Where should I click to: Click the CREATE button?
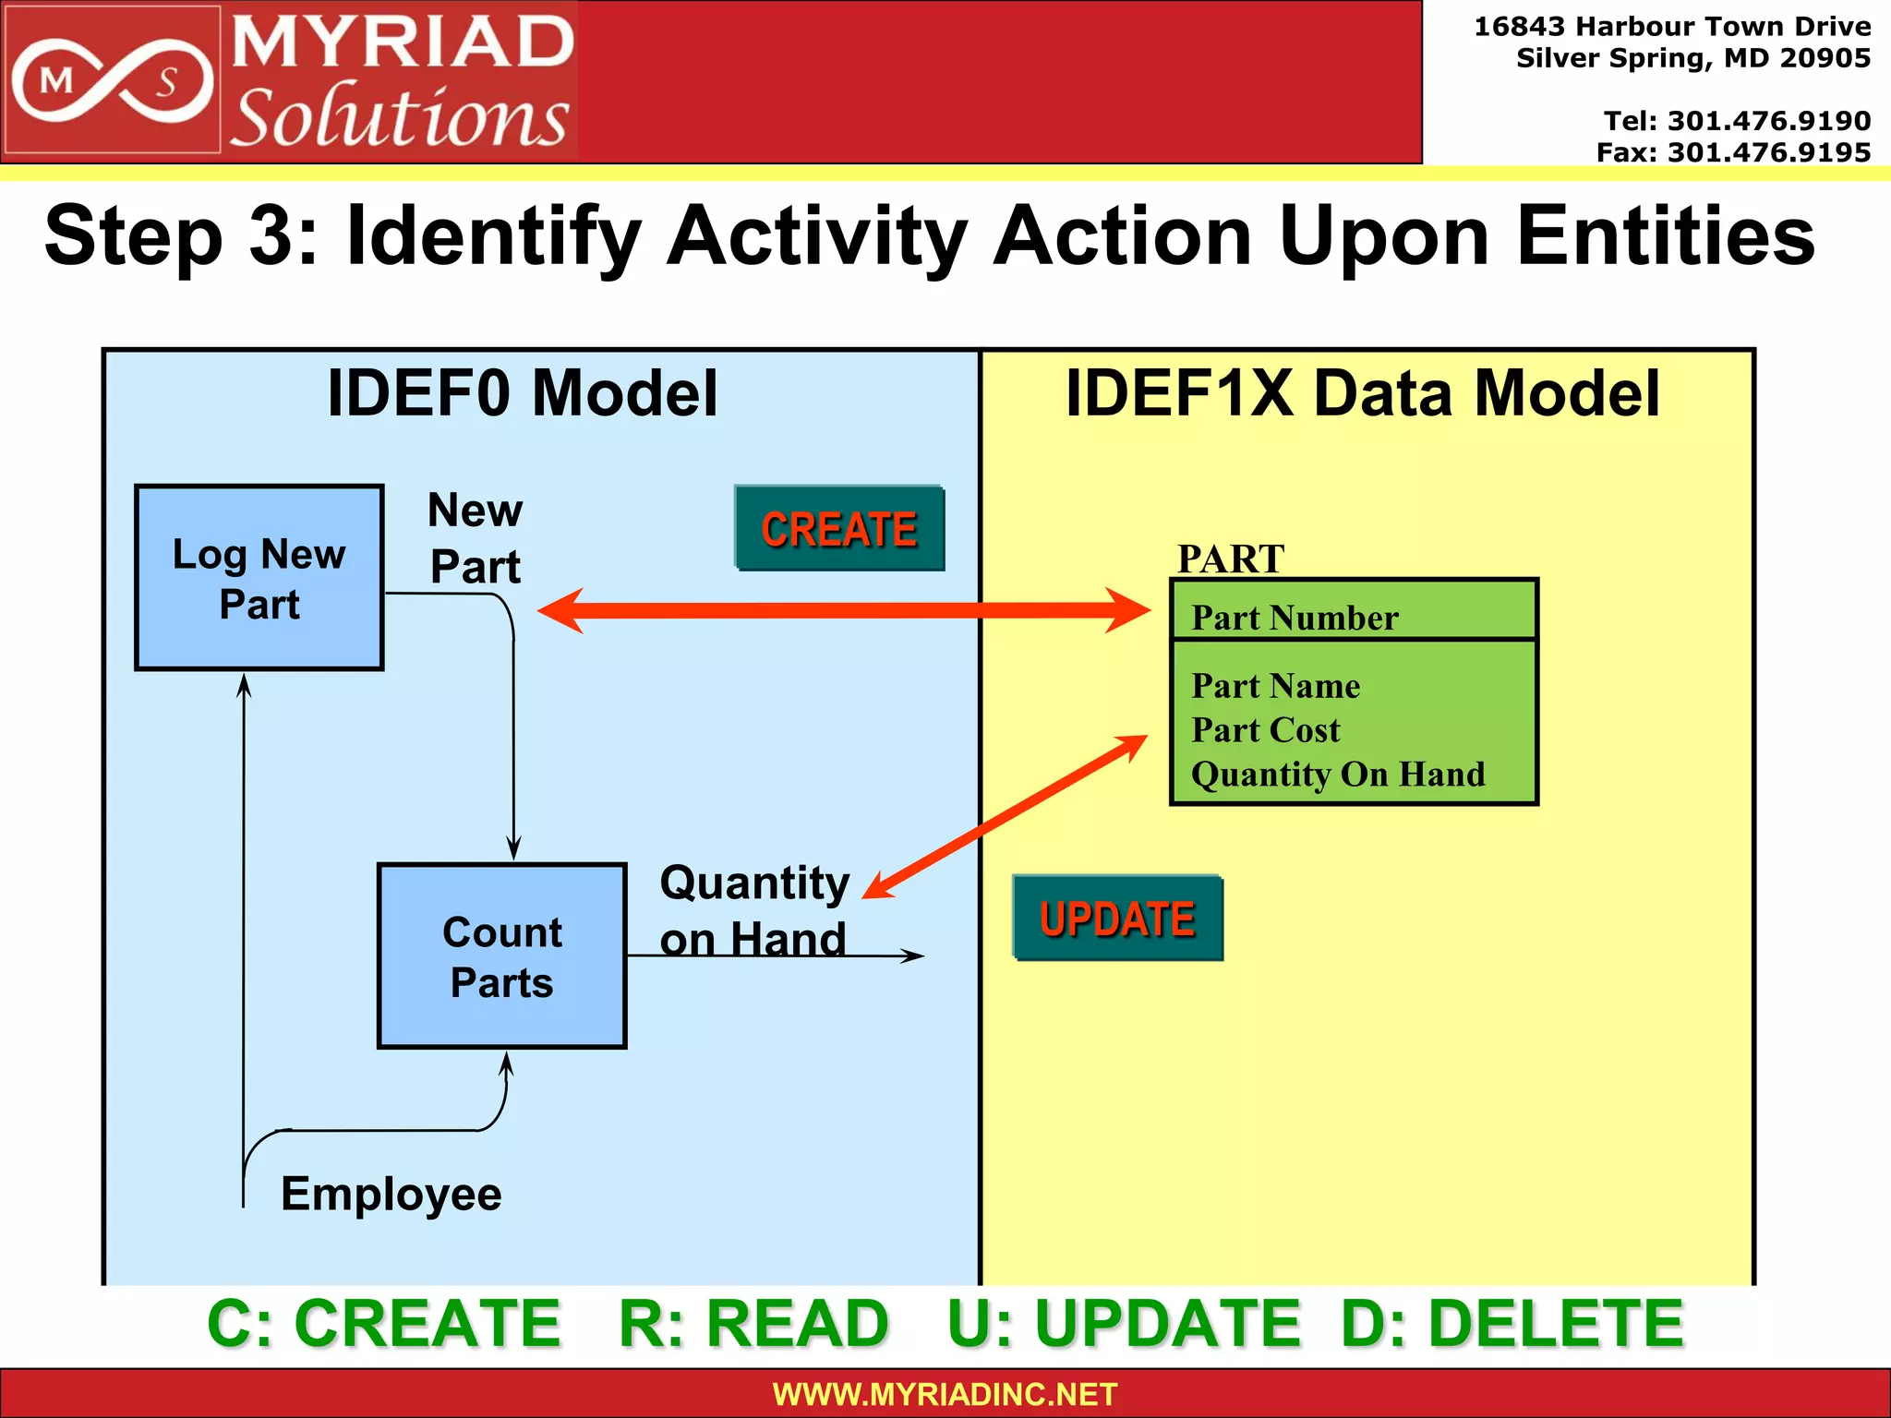tap(839, 528)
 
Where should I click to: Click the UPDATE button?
tap(1117, 919)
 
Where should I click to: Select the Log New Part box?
tap(259, 578)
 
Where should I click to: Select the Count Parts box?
tap(501, 956)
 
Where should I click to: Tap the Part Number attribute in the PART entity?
tap(1295, 618)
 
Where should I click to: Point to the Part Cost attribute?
tap(1265, 730)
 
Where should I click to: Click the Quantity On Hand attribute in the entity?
tap(1338, 774)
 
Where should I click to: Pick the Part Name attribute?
tap(1275, 686)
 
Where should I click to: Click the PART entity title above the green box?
tap(1230, 559)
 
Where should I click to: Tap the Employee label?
tap(391, 1194)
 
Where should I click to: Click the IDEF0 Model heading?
tap(523, 393)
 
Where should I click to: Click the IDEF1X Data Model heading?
tap(1363, 393)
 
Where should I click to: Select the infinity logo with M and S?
tap(112, 81)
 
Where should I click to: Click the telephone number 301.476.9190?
tap(1768, 121)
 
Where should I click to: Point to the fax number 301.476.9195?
tap(1768, 152)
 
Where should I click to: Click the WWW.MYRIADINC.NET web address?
tap(945, 1394)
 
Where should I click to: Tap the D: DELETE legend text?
tap(1512, 1323)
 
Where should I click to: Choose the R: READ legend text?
tap(753, 1323)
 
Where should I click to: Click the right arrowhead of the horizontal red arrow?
tap(1131, 610)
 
